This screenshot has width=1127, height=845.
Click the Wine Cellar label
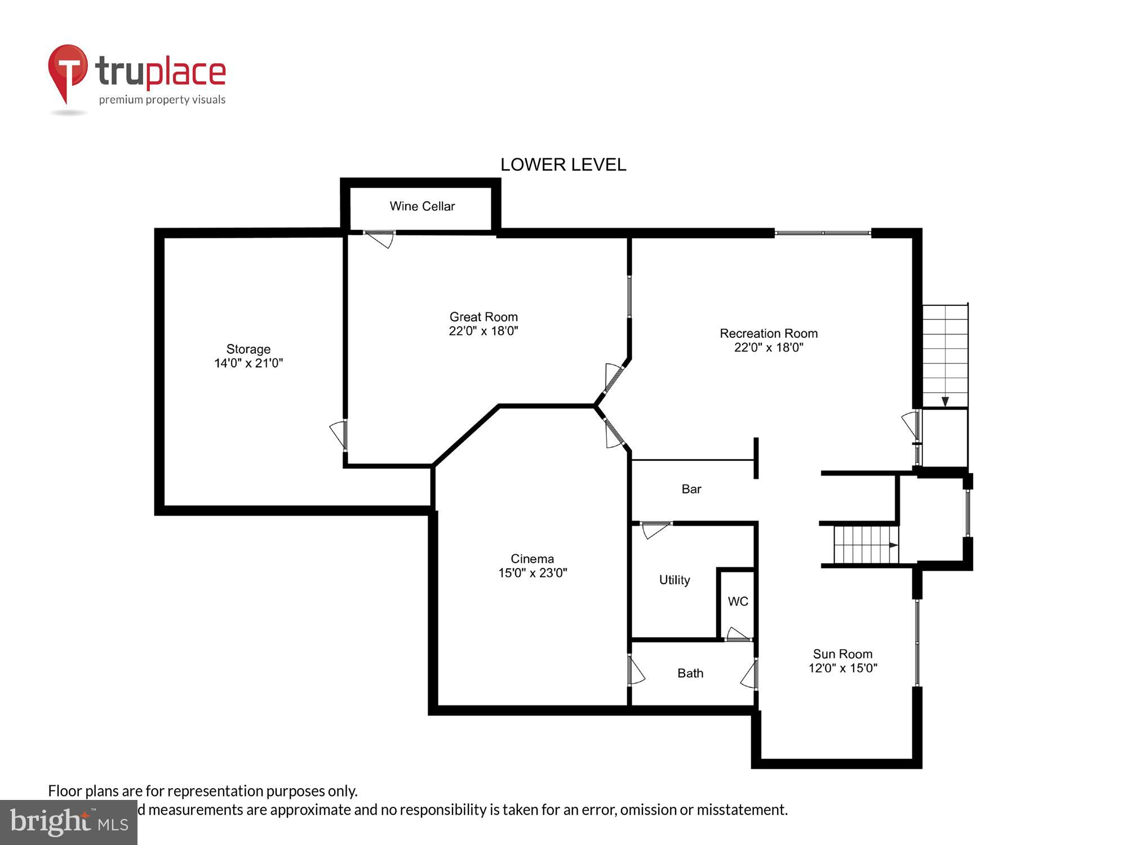pyautogui.click(x=422, y=206)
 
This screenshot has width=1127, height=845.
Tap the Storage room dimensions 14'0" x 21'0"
pyautogui.click(x=249, y=363)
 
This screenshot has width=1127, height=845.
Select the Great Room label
pyautogui.click(x=483, y=317)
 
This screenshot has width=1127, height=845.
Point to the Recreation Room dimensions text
pyautogui.click(x=769, y=348)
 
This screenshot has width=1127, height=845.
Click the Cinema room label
pyautogui.click(x=532, y=559)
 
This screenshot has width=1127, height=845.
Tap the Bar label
pyautogui.click(x=691, y=489)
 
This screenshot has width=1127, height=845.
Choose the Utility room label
pyautogui.click(x=675, y=580)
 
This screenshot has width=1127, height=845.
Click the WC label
pyautogui.click(x=738, y=602)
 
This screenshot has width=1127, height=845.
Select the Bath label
pyautogui.click(x=690, y=673)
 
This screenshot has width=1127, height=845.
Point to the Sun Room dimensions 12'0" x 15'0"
pyautogui.click(x=843, y=668)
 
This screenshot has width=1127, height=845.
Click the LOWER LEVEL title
pyautogui.click(x=563, y=164)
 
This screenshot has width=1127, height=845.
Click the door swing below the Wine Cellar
pyautogui.click(x=380, y=239)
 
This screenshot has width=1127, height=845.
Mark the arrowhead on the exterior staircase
pyautogui.click(x=945, y=402)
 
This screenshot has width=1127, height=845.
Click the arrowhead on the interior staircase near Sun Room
pyautogui.click(x=893, y=545)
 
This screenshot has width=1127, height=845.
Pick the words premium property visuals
pyautogui.click(x=162, y=100)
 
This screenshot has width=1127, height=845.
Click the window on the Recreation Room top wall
pyautogui.click(x=823, y=233)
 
